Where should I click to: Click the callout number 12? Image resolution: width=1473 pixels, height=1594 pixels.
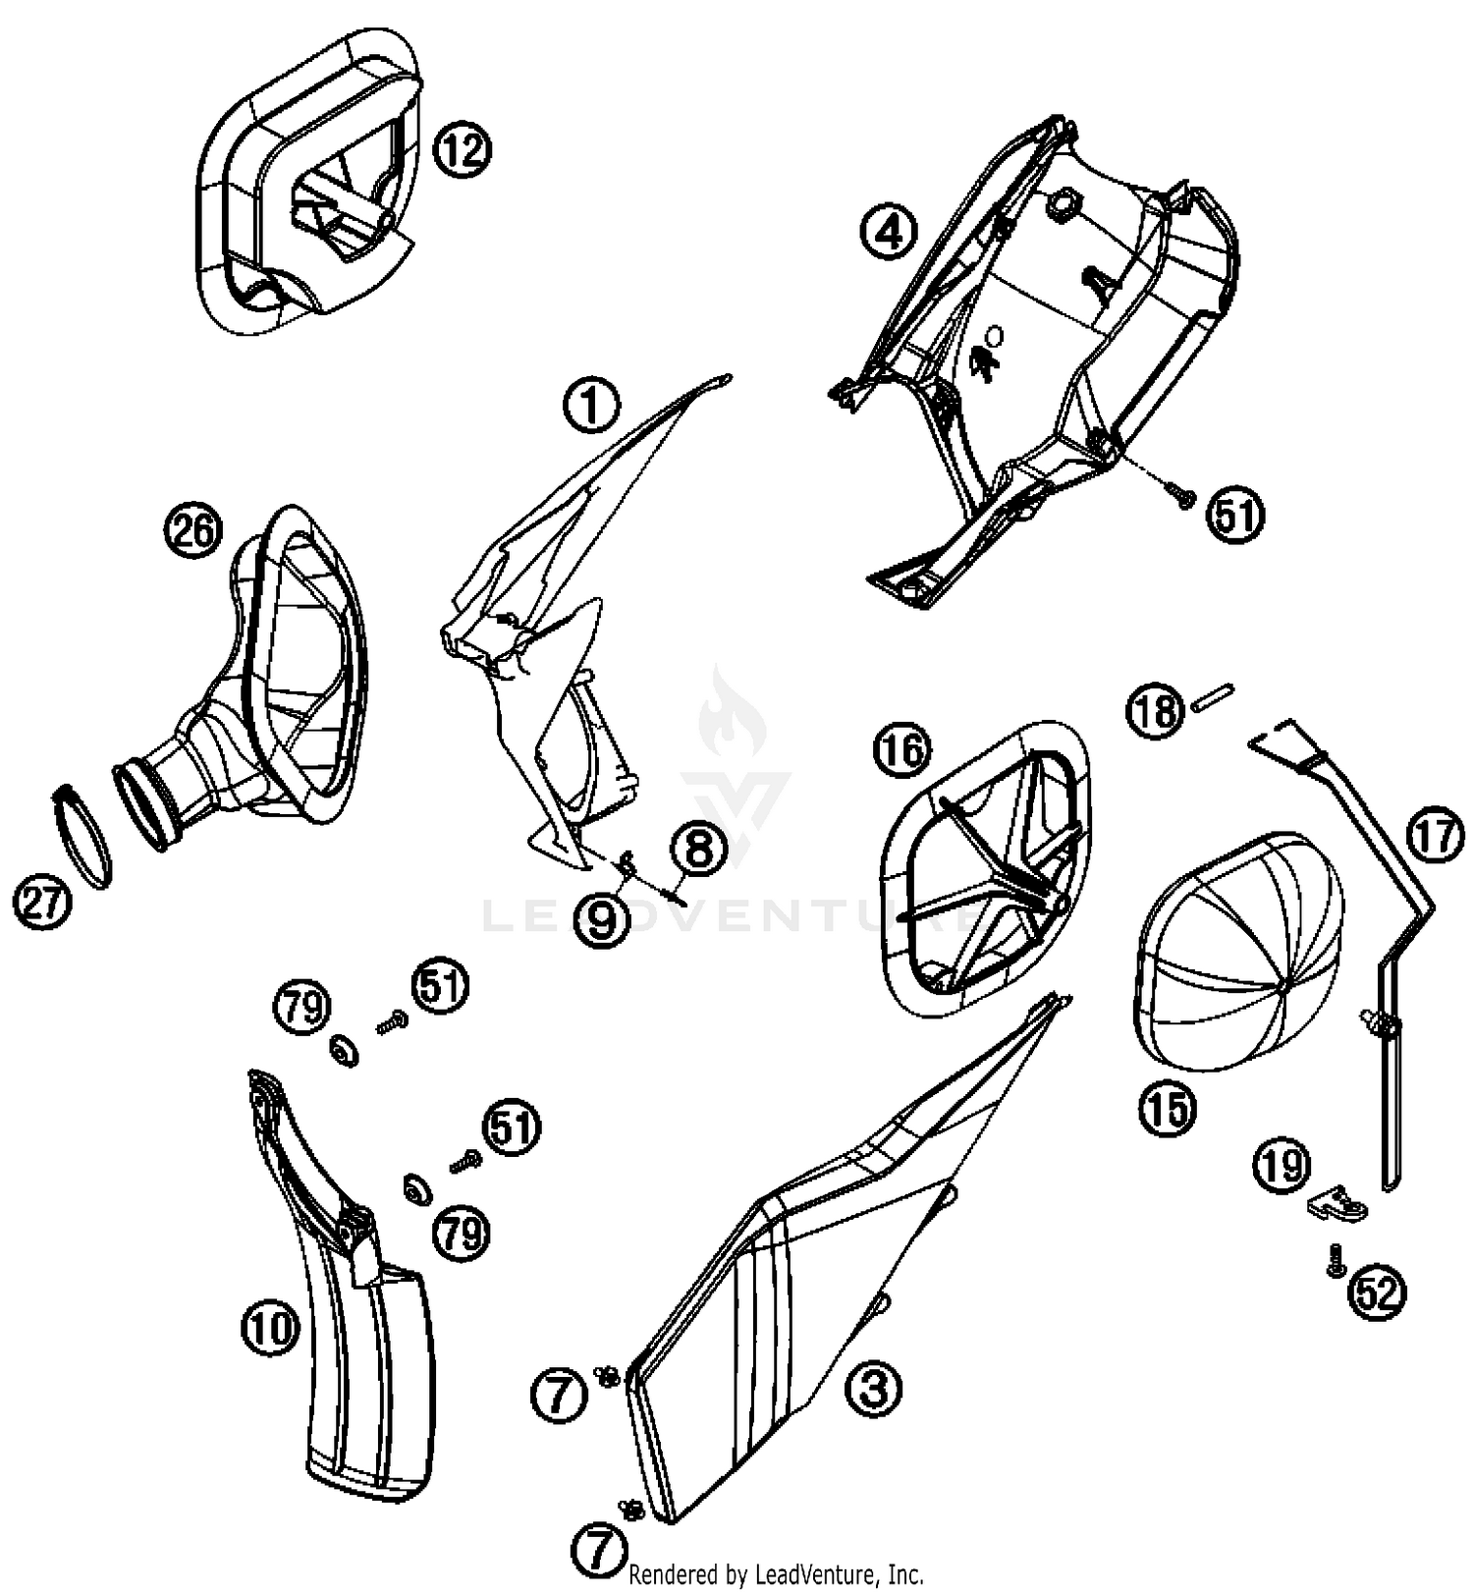pyautogui.click(x=462, y=151)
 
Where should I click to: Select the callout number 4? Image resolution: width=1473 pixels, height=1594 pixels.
pyautogui.click(x=888, y=233)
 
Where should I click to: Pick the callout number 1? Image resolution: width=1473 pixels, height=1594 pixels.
pyautogui.click(x=591, y=406)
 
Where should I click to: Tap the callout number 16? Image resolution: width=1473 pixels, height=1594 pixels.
pyautogui.click(x=902, y=751)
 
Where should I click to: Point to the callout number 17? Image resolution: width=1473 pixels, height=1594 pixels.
pyautogui.click(x=1435, y=837)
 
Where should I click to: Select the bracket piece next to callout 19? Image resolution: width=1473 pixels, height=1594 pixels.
pyautogui.click(x=1338, y=1204)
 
